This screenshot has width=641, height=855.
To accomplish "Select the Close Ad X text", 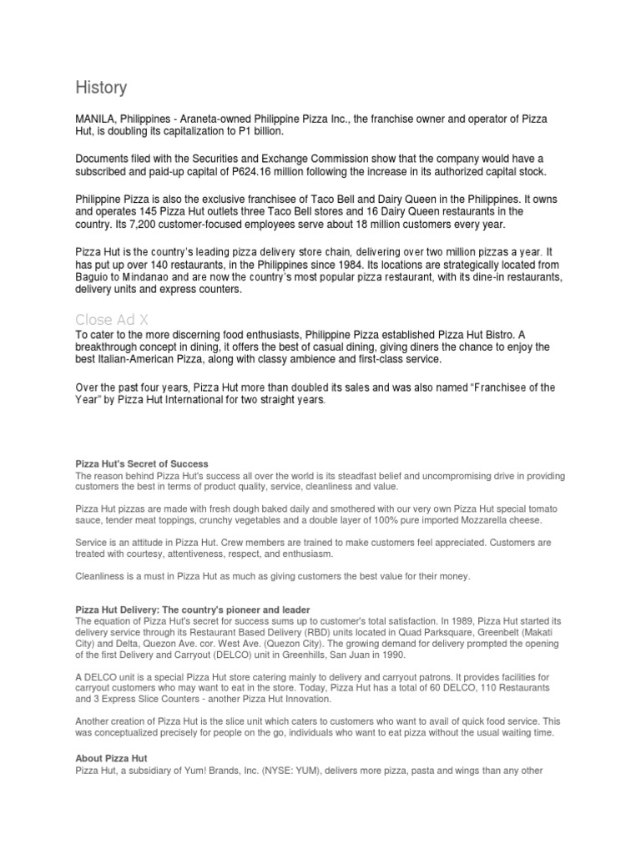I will coord(112,320).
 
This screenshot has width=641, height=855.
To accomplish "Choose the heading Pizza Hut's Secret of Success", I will coord(142,463).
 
